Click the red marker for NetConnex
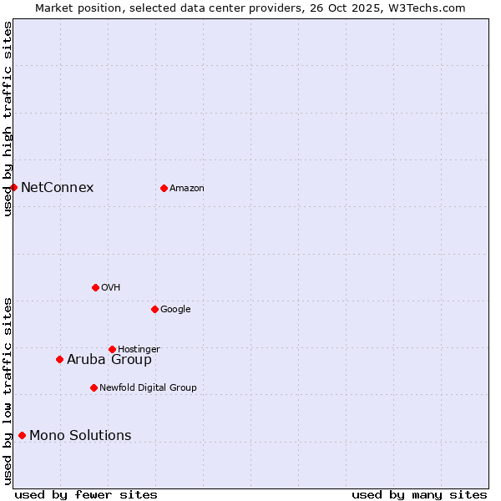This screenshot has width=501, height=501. click(x=14, y=187)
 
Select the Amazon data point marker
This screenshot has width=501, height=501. click(x=164, y=188)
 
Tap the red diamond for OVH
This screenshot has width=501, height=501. click(x=95, y=287)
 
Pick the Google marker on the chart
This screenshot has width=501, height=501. click(x=154, y=309)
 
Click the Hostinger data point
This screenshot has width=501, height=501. click(x=112, y=349)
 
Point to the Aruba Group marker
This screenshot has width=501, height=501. click(x=59, y=359)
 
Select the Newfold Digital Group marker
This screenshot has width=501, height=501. click(x=94, y=387)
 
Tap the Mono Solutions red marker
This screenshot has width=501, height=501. click(x=22, y=435)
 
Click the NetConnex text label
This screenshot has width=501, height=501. click(x=57, y=187)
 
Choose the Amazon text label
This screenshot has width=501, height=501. click(x=186, y=188)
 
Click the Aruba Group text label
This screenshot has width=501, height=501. click(x=109, y=359)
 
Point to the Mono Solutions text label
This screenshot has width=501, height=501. click(x=80, y=435)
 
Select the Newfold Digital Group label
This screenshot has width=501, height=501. click(x=148, y=387)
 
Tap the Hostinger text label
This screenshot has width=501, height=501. click(x=139, y=349)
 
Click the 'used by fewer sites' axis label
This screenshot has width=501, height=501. click(x=86, y=494)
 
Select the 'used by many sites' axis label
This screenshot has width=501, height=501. click(x=419, y=494)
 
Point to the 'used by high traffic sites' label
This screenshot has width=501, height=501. click(x=8, y=119)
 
